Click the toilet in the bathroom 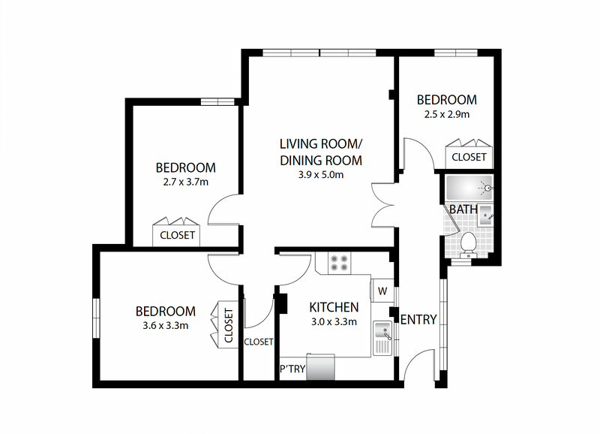468,246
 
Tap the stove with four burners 340,263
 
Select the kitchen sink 382,338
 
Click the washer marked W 382,291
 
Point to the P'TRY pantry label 292,369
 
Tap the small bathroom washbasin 486,215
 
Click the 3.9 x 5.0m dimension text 321,175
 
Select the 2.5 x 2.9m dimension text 446,115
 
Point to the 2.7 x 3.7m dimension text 185,182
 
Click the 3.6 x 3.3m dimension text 165,326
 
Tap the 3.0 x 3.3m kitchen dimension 334,322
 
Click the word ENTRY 418,319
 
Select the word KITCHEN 334,307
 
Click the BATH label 463,209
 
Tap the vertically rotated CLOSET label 229,325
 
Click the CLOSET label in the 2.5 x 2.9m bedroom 469,157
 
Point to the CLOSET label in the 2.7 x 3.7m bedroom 177,235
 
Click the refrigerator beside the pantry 321,367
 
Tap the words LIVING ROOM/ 321,144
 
